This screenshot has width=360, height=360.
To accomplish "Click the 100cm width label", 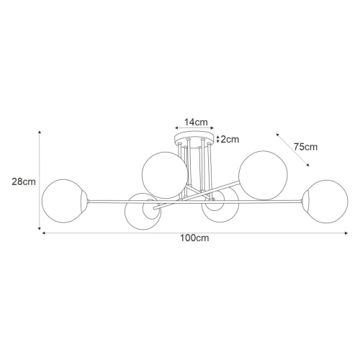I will coord(194,238).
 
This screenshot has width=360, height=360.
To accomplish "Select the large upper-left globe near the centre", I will coord(164,175).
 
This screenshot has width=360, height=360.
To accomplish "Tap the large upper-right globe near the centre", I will coord(264,175).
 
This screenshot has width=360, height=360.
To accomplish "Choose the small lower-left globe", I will coord(141,212).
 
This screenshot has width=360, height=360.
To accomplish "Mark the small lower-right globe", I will coord(220,210).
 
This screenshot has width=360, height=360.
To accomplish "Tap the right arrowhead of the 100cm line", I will coord(346,233).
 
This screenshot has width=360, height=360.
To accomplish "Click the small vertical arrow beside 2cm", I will coord(218,140).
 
